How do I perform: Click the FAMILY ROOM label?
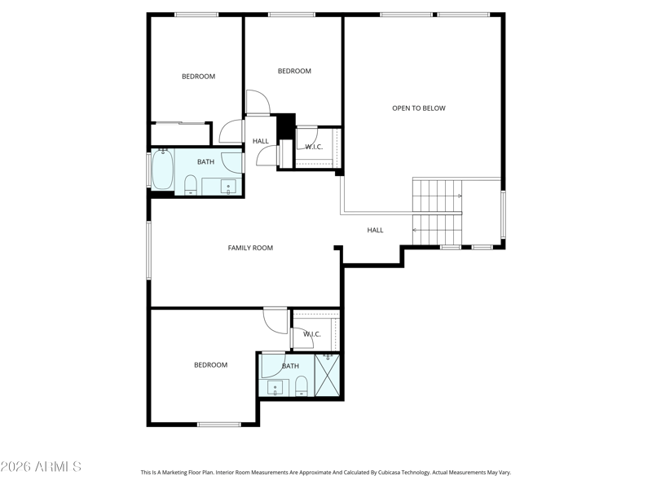click(x=250, y=248)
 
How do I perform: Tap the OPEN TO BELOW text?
click(x=419, y=108)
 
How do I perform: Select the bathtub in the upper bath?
click(x=162, y=170)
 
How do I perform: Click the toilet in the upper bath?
click(x=191, y=185)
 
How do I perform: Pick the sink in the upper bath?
click(x=228, y=187)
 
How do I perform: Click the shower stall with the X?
click(x=328, y=376)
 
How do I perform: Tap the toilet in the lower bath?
click(x=301, y=386)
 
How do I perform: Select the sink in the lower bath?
click(x=275, y=389)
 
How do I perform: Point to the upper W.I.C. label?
click(x=314, y=147)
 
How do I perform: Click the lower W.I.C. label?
click(x=312, y=334)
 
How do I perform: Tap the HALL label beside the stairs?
click(x=375, y=230)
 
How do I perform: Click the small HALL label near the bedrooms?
click(x=261, y=141)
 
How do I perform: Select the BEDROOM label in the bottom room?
click(x=211, y=365)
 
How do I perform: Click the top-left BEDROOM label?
click(x=198, y=77)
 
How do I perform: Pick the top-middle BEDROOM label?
click(x=294, y=71)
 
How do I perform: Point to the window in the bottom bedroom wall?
click(x=219, y=425)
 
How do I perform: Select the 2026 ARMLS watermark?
click(x=41, y=466)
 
